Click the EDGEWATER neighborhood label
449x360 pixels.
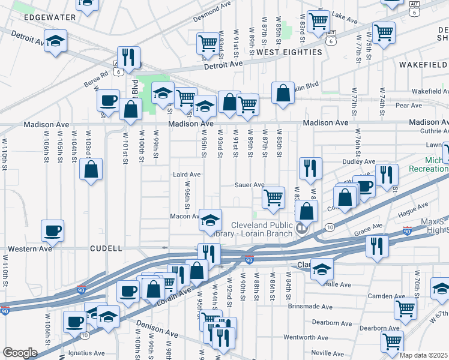coord(50,17)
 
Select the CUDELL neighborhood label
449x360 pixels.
coord(106,248)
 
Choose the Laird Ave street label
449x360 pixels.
coord(186,175)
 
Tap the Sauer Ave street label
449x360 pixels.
coord(250,185)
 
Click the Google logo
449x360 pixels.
coord(20,353)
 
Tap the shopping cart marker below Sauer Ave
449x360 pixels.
coord(273,197)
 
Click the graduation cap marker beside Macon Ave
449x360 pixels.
coord(210,220)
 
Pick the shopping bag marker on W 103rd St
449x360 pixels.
coord(91,170)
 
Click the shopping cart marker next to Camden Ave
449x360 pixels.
coord(406,308)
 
